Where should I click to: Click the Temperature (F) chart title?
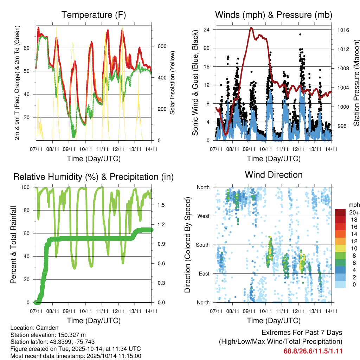94,15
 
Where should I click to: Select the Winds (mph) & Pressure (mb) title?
274,15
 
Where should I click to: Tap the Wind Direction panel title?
274,175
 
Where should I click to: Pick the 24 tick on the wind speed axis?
207,30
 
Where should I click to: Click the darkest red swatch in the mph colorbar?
340,212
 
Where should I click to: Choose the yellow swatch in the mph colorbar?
340,249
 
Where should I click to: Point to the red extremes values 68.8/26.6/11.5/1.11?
313,351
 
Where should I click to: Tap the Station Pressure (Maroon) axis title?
356,82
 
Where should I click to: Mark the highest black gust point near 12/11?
300,34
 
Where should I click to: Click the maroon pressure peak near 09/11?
251,28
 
